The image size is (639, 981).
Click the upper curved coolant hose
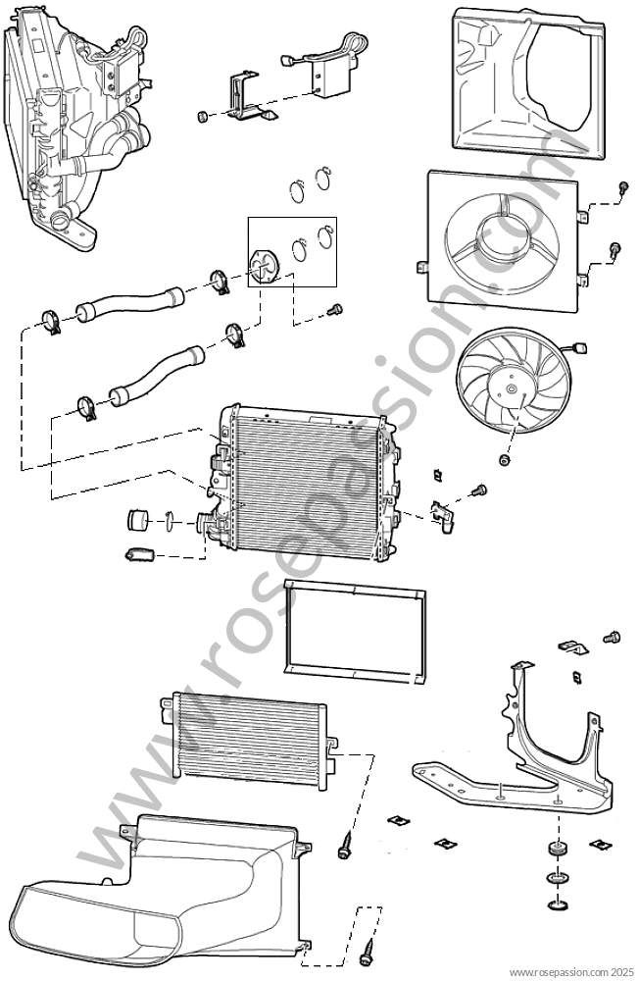pyautogui.click(x=129, y=302)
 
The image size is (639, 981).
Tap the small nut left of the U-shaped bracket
pyautogui.click(x=202, y=117)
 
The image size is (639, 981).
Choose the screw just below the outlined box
pyautogui.click(x=336, y=308)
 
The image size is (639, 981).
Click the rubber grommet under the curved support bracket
pyautogui.click(x=556, y=849)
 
